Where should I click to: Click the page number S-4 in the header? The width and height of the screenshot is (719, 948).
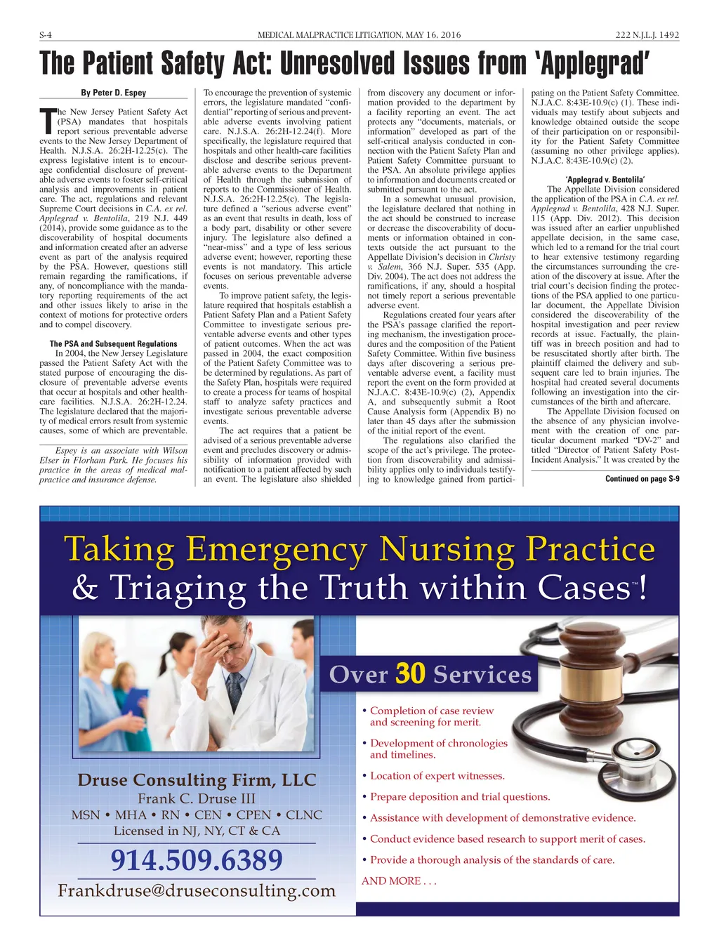[x=47, y=35]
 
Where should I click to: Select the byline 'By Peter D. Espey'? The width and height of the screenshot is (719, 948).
[x=114, y=93]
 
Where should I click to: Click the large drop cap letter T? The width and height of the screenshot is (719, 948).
[x=47, y=121]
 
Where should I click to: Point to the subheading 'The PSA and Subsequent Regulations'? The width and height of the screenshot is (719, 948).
[x=113, y=343]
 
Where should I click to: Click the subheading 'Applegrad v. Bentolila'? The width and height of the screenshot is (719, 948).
[x=605, y=179]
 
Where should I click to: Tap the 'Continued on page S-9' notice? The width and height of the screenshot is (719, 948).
[x=642, y=478]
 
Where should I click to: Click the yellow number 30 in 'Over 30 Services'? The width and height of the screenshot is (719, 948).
[x=411, y=673]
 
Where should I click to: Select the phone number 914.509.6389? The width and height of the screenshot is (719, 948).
[x=197, y=860]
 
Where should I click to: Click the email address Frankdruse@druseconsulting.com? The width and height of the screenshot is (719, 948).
[x=197, y=891]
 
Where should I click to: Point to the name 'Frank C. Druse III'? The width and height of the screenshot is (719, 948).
[x=197, y=798]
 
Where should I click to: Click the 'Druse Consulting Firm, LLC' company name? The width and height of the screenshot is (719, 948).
[x=197, y=780]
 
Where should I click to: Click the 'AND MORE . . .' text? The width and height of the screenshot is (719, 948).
[x=399, y=881]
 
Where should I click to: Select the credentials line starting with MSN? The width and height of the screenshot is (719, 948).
[x=197, y=815]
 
